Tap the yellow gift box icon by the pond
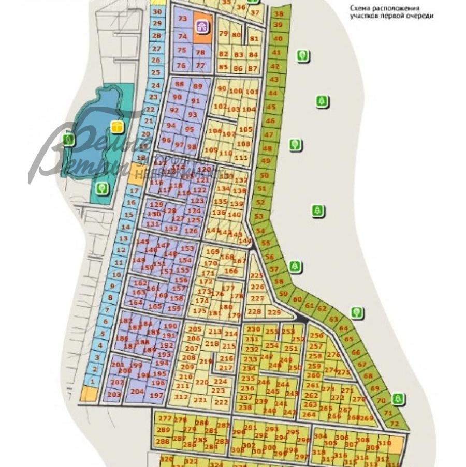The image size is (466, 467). (x=117, y=126)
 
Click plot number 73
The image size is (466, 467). (x=182, y=19)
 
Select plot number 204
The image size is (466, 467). (x=137, y=391)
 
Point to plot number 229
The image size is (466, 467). (x=274, y=312)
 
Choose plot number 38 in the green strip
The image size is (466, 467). (x=279, y=14)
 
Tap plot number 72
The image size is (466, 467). (x=394, y=423)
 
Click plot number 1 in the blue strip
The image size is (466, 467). (x=93, y=381)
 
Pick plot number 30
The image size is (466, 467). (x=158, y=12)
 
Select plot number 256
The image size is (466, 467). (x=316, y=335)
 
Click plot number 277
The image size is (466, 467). (x=165, y=418)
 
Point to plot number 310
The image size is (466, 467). (x=384, y=443)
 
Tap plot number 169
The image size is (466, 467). (x=212, y=251)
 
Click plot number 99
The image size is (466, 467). (x=222, y=88)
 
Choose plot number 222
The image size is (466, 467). (x=221, y=402)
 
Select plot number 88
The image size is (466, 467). (x=180, y=84)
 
